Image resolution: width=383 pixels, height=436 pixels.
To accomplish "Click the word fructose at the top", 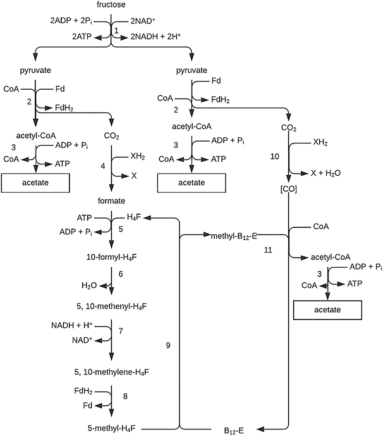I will pos(111,5).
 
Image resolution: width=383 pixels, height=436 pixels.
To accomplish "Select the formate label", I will pos(110,201).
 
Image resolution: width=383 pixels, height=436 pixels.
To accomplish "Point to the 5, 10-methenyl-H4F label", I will pos(110,307).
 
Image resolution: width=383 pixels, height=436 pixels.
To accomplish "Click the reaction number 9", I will pos(168,344).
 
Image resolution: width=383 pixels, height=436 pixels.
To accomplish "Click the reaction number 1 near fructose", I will pos(116,30).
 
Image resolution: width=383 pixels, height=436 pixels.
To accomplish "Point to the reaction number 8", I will pos(126,396).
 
